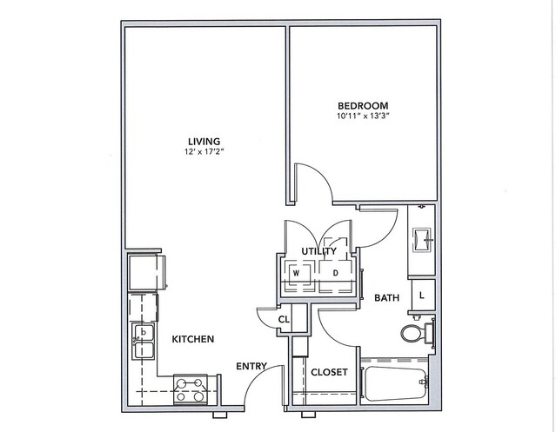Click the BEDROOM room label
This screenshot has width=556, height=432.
[363, 105]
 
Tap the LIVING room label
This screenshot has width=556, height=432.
[204, 142]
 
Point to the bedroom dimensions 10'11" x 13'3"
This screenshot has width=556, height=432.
[363, 116]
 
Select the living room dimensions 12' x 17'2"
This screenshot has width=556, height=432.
[204, 152]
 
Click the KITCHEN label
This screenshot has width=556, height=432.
[193, 339]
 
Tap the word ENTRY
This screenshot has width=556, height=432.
[251, 366]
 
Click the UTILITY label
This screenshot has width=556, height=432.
[318, 251]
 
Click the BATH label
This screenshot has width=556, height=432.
[386, 298]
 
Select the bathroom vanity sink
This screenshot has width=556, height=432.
[421, 239]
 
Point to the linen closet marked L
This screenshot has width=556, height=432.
[422, 295]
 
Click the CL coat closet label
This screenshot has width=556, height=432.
[284, 320]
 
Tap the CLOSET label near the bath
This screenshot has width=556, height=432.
[329, 372]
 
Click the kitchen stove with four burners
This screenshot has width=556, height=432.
[191, 389]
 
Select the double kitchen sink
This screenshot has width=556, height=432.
[144, 341]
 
